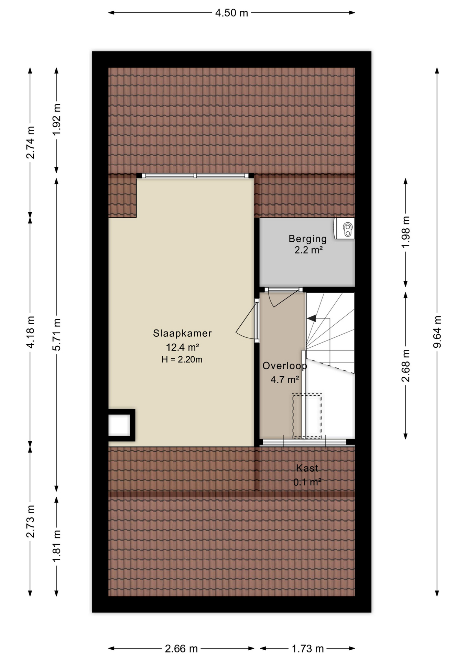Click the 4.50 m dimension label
tap(231, 13)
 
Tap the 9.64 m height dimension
tap(437, 332)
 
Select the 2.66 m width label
tap(181, 649)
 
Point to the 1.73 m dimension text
tap(308, 649)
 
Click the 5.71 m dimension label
tap(56, 335)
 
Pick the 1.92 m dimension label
tap(56, 119)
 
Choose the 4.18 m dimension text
tap(30, 332)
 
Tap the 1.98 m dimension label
tap(406, 232)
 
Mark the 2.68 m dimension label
tap(406, 366)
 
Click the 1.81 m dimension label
tap(56, 546)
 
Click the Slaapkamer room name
tap(182, 333)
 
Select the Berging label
tap(308, 239)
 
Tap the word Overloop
tap(285, 366)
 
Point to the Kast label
tap(307, 468)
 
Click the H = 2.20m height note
tap(182, 360)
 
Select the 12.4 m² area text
tap(183, 347)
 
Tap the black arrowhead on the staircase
tap(312, 318)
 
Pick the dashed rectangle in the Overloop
tap(307, 416)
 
